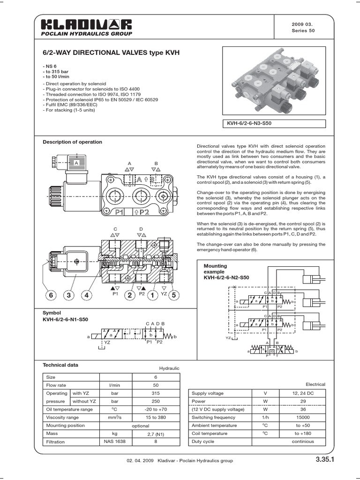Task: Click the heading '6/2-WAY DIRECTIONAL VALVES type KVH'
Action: [111, 53]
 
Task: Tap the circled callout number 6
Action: [51, 295]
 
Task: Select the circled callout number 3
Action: [69, 295]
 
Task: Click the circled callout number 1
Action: [152, 295]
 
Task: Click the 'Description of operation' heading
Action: [72, 142]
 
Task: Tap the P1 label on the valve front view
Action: [119, 212]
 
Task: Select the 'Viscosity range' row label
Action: [62, 417]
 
